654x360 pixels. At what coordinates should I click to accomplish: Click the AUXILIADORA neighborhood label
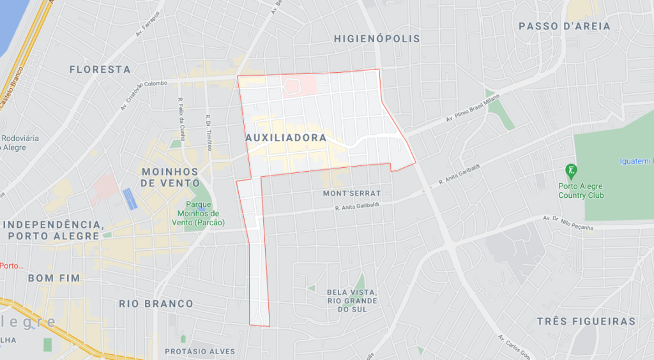click(x=285, y=138)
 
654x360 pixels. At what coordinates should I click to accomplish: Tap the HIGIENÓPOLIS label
click(x=377, y=39)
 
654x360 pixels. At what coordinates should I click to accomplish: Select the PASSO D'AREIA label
click(x=565, y=27)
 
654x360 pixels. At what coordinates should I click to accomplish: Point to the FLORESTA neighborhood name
click(x=100, y=70)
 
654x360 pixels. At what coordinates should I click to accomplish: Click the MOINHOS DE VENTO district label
click(x=170, y=177)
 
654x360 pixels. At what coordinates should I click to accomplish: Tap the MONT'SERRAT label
click(x=352, y=193)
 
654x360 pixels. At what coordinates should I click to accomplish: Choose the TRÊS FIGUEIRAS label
click(x=586, y=322)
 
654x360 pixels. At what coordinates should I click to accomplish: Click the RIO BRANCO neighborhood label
click(x=156, y=304)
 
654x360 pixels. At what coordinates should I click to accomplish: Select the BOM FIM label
click(x=54, y=278)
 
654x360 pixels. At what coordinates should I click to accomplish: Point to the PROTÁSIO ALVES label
click(x=200, y=351)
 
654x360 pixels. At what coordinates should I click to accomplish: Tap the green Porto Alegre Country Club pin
click(x=570, y=170)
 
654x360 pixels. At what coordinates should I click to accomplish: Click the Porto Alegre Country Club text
click(x=581, y=191)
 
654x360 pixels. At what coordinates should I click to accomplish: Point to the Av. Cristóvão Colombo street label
click(x=144, y=94)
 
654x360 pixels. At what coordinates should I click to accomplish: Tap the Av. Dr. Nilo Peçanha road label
click(x=568, y=223)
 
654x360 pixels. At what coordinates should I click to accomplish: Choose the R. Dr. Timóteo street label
click(x=209, y=131)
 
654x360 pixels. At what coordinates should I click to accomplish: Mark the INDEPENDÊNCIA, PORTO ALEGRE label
click(x=54, y=230)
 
